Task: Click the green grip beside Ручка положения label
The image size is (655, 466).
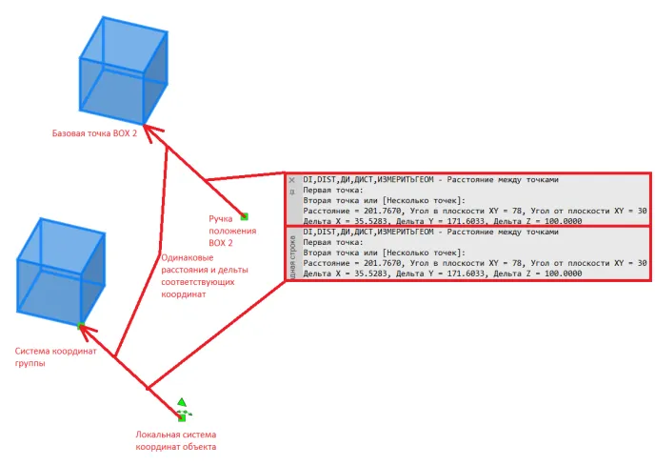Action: tap(244, 216)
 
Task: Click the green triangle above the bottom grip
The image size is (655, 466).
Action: tap(182, 402)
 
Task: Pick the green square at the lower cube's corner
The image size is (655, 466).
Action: tap(82, 326)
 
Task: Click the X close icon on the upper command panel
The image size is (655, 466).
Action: tap(292, 179)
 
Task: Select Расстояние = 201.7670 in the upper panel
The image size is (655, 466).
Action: tap(347, 210)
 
